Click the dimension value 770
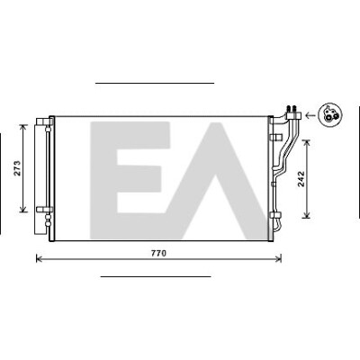158,254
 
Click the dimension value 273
18,168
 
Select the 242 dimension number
301,179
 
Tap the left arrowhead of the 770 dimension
39,258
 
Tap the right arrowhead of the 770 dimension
279,258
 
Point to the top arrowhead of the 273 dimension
23,127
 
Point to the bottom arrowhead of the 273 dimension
23,210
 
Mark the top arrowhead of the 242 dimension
307,143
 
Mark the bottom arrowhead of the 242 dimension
307,215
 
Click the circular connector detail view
330,115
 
